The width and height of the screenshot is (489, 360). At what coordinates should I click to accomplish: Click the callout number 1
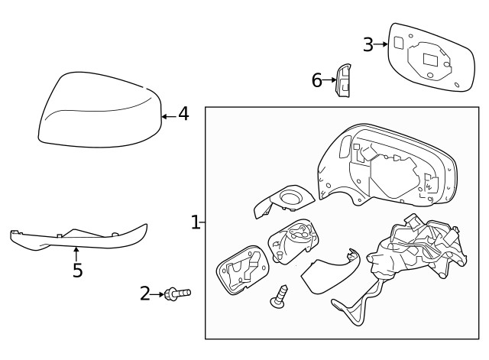[195, 222]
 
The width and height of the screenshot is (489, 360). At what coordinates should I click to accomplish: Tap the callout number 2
[145, 293]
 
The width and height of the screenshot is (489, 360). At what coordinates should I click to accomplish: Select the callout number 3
[368, 44]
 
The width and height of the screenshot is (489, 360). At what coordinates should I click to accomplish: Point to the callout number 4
[183, 115]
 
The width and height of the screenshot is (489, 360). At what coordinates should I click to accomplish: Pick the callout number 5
[76, 271]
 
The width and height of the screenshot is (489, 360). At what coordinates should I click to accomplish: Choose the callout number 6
[316, 79]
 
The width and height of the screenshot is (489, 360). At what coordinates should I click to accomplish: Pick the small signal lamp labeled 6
[343, 81]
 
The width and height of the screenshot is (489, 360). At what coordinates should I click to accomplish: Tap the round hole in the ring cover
[290, 200]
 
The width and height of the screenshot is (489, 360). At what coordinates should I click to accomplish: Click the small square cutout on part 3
[399, 44]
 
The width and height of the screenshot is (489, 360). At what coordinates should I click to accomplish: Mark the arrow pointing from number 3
[381, 44]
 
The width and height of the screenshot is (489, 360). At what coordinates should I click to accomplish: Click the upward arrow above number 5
[76, 251]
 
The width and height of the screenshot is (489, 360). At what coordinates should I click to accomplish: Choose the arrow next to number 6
[330, 79]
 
